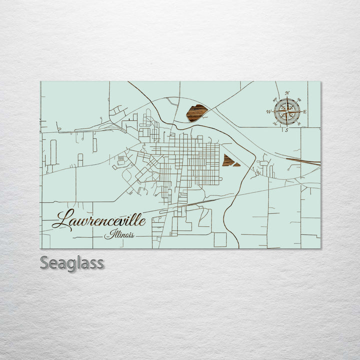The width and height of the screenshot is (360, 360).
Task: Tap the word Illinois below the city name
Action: click(119, 234)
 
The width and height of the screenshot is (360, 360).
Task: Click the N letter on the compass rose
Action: click(287, 93)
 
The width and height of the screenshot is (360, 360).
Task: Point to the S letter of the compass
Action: click(286, 130)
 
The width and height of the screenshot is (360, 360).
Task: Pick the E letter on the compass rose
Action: click(304, 111)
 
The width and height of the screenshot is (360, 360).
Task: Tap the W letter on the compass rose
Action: click(269, 111)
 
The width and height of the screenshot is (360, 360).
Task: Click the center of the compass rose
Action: click(287, 111)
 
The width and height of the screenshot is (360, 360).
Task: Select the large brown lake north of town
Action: click(196, 113)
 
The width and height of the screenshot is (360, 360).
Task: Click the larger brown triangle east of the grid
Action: click(228, 160)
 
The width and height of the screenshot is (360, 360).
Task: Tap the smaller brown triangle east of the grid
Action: click(236, 164)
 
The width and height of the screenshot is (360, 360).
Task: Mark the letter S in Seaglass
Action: click(45, 262)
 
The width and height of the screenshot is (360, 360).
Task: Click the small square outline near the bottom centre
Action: click(220, 240)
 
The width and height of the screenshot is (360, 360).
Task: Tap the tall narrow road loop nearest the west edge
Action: click(53, 152)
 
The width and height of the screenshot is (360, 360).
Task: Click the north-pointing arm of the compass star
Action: click(287, 102)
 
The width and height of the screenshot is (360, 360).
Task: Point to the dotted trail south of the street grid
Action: click(200, 192)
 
